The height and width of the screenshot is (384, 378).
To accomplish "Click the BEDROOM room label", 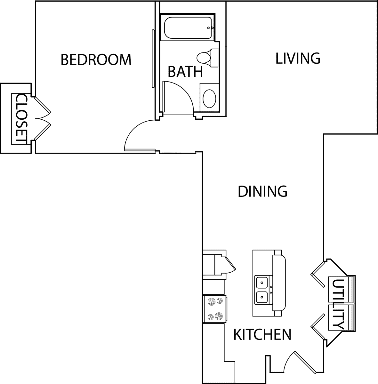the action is (96, 60).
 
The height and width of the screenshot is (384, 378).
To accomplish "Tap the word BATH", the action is (185, 72).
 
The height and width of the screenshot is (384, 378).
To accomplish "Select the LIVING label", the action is (298, 58).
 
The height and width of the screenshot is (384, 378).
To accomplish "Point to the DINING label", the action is (262, 191).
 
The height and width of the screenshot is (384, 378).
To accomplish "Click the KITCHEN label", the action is (262, 335).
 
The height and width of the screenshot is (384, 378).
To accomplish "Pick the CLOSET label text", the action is (21, 119).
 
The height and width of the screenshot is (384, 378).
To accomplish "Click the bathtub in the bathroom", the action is (188, 28).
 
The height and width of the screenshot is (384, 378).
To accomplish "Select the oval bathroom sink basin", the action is (209, 99).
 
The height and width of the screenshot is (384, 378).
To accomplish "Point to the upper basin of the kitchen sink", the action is (262, 282).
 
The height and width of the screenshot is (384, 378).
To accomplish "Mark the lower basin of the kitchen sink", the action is (262, 298).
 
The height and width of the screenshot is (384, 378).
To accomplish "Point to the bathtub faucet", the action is (210, 28).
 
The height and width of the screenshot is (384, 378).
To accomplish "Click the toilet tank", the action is (215, 58).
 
